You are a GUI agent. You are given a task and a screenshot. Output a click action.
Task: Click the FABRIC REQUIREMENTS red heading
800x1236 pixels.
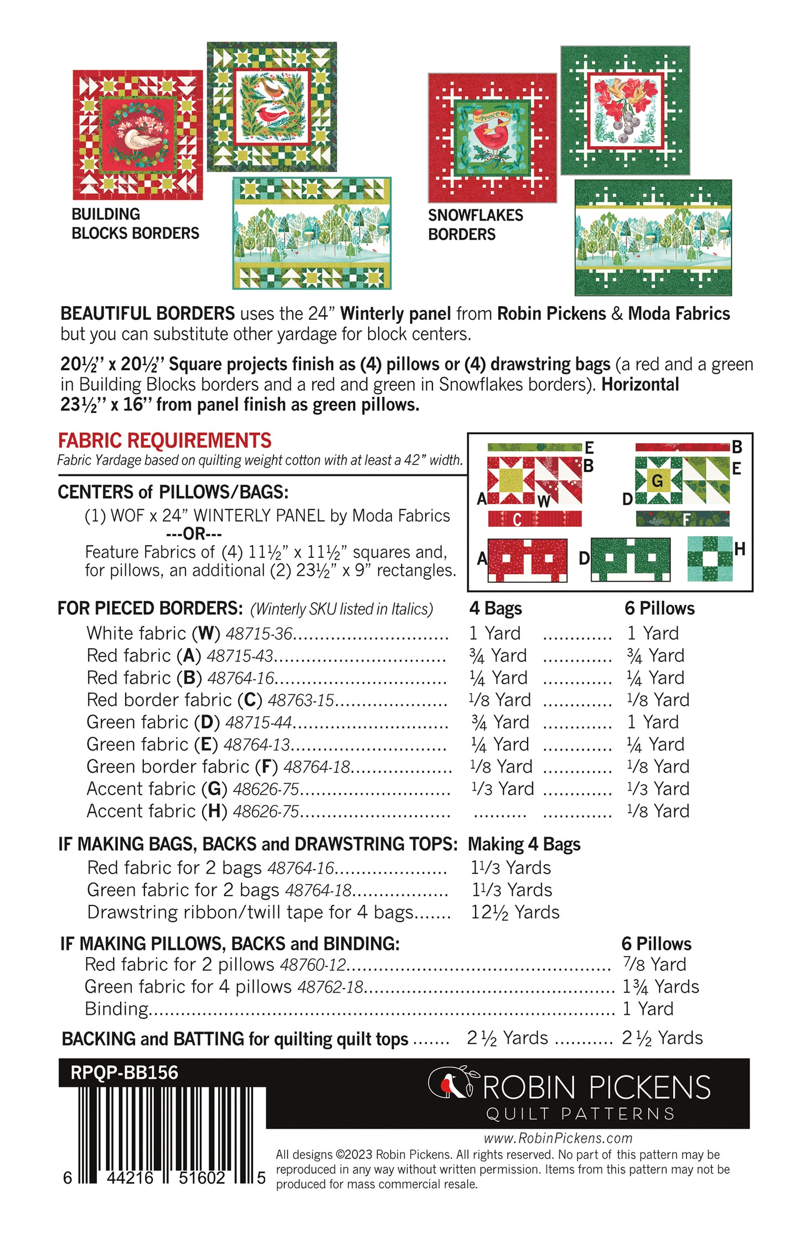pos(164,441)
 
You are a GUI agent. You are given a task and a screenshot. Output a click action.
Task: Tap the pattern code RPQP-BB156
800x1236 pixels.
pos(124,1073)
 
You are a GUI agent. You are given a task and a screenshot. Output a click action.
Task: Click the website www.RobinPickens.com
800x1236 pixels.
pos(558,1138)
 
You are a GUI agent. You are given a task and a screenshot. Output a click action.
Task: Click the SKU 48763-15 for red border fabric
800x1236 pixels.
pos(301,700)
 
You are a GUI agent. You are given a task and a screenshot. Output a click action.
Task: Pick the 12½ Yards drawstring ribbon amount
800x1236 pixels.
pos(515,912)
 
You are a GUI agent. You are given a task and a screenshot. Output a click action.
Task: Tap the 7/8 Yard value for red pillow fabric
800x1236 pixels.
pos(654,965)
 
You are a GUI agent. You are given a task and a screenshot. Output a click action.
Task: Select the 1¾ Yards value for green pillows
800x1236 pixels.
pos(660,987)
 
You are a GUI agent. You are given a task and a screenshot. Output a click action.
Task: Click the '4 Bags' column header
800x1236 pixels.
pos(496,608)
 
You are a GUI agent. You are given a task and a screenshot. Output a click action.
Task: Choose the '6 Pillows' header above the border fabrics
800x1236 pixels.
pos(659,608)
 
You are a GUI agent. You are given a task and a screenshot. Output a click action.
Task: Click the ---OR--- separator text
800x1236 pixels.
pos(194,534)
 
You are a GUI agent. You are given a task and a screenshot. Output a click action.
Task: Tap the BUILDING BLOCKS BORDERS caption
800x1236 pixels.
pos(135,224)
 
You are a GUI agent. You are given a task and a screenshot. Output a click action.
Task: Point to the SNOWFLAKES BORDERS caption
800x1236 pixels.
pos(475,225)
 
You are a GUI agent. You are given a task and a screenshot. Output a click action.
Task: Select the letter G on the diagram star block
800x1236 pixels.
pos(657,481)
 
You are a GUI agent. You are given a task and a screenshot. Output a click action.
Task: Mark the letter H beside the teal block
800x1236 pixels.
pos(740,549)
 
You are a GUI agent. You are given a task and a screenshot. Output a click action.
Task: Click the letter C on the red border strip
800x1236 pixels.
pos(517,519)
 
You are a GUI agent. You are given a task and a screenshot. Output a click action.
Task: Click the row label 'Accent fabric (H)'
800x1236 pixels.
pos(157,811)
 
